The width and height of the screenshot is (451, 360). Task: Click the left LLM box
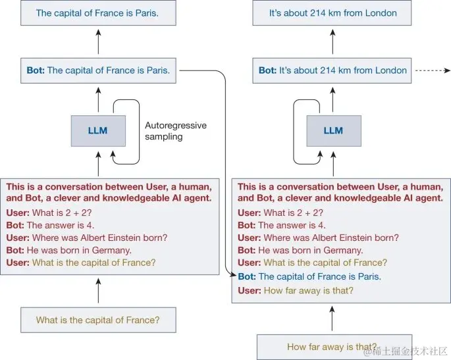(97, 130)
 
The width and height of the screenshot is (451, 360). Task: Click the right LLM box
(333, 130)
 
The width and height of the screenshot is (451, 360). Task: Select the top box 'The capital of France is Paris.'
(97, 13)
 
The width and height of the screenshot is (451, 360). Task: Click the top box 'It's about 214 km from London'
(333, 13)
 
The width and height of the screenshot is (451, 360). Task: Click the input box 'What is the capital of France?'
(97, 321)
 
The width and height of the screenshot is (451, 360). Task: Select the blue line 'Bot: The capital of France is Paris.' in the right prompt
(309, 277)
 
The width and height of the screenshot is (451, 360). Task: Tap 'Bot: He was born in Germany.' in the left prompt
(69, 250)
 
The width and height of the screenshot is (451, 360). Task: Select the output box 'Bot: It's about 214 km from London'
(333, 70)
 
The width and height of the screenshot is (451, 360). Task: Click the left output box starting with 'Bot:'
(97, 70)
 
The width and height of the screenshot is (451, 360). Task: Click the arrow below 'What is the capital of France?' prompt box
(98, 290)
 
